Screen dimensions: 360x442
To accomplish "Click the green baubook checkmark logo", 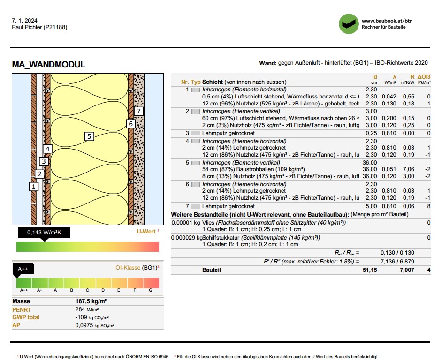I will tap(348, 24).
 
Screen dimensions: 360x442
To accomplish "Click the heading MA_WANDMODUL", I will tap(49, 65).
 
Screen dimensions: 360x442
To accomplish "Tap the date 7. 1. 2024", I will tap(24, 21).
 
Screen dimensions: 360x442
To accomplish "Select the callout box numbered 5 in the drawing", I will tap(89, 136).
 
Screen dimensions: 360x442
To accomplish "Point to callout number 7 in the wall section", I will tap(138, 111).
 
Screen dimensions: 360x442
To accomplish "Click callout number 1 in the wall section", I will tap(33, 186).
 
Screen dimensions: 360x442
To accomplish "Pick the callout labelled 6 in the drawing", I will tap(131, 124).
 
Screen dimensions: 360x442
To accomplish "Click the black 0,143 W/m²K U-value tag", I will tap(44, 232).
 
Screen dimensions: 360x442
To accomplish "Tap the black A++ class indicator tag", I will tap(23, 269).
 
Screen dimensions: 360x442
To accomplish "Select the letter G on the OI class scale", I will tap(151, 290).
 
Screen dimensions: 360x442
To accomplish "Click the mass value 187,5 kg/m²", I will tap(91, 301).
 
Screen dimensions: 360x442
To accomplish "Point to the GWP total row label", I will tap(26, 317).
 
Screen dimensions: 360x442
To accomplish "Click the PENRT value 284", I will tap(80, 309).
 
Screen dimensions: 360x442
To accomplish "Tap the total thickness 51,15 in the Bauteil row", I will tap(370, 270).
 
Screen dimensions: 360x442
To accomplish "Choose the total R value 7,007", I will tap(407, 270).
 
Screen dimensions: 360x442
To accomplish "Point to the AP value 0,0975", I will tap(84, 325).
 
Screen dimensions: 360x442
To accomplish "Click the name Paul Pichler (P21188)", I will tap(39, 27).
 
